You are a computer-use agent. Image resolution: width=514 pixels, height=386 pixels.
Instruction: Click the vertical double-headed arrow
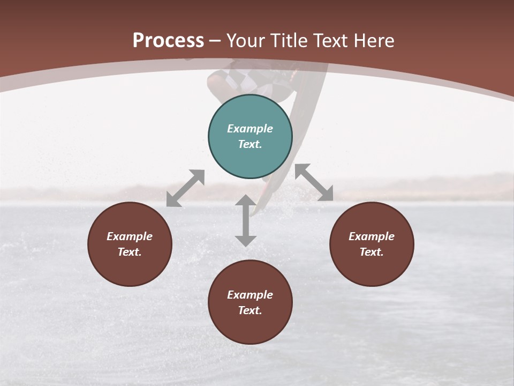tap(246, 220)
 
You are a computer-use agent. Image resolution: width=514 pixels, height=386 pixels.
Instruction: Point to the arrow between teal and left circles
tap(185, 188)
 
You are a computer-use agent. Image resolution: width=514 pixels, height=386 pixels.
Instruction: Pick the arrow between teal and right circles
tap(314, 182)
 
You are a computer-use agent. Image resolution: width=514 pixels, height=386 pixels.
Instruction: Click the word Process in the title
tap(168, 41)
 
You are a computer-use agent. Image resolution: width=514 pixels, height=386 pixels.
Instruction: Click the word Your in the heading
tap(247, 41)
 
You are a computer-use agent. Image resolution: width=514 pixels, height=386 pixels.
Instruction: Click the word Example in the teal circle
tap(250, 129)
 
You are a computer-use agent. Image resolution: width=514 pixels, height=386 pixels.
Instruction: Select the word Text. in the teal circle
tap(250, 144)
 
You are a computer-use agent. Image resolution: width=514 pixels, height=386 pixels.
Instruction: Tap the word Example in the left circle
tap(130, 236)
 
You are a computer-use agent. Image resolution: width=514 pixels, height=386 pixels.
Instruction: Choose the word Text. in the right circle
tap(372, 252)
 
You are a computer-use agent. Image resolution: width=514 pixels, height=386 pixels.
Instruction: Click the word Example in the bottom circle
tap(250, 295)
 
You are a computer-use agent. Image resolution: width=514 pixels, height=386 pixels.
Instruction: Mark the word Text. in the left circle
tap(130, 252)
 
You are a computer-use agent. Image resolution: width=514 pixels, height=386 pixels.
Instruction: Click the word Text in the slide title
tap(329, 41)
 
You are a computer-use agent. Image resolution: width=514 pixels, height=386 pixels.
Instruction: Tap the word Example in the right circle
tap(372, 236)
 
